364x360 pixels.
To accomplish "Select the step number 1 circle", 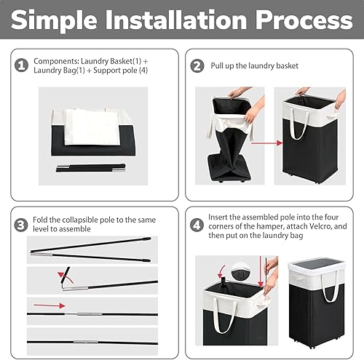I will pyautogui.click(x=20, y=66).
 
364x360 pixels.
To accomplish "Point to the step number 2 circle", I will pyautogui.click(x=197, y=66).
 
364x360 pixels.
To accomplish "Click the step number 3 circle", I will pyautogui.click(x=20, y=223).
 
